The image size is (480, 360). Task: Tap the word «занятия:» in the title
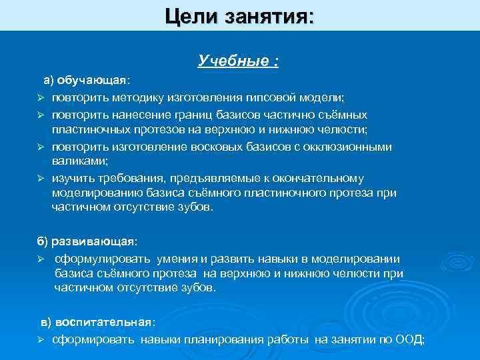coord(273,14)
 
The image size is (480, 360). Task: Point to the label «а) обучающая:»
coord(87,81)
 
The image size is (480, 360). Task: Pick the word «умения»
coord(178,258)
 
